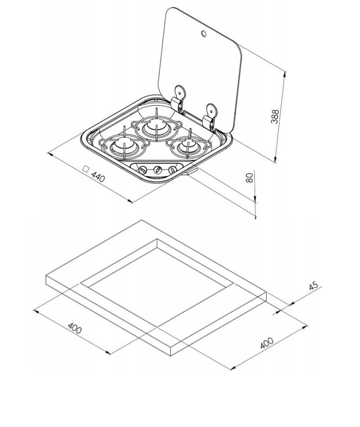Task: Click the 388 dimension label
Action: [x=275, y=117]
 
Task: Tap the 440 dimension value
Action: [x=98, y=177]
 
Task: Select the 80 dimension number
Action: [x=249, y=177]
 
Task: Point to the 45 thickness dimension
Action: [x=313, y=286]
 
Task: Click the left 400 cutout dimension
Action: [x=75, y=328]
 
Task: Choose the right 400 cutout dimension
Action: [x=267, y=343]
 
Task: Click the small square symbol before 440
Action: [x=85, y=169]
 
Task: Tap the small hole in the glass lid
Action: [x=203, y=33]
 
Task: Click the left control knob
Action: [x=142, y=170]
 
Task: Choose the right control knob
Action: [x=172, y=169]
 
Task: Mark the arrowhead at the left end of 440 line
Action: [x=50, y=154]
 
